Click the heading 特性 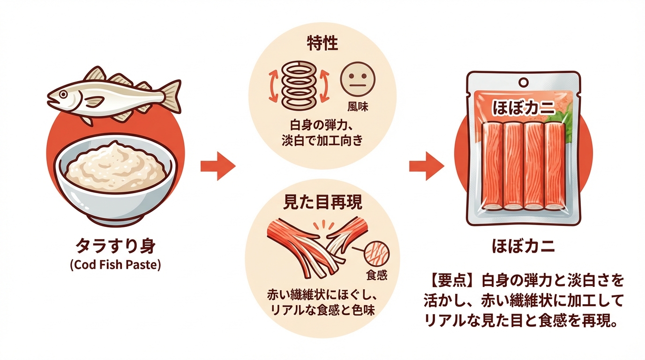pos(322,45)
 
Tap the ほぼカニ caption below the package pos(523,247)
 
